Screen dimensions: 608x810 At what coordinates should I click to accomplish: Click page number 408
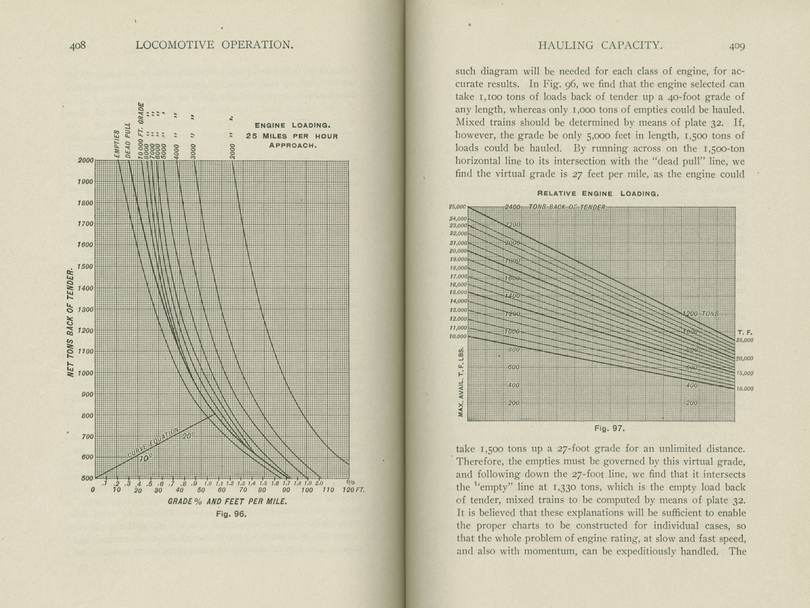(78, 45)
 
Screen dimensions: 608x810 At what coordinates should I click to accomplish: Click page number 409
(737, 46)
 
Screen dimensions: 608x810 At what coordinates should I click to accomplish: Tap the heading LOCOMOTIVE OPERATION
(215, 45)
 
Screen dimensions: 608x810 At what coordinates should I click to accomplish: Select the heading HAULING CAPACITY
(600, 45)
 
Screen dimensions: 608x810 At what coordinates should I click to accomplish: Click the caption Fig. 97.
(610, 428)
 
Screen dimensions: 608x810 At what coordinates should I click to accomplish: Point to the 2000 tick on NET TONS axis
(86, 160)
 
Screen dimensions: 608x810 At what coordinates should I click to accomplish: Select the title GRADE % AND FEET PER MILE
(227, 502)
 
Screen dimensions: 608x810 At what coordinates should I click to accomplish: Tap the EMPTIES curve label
(117, 144)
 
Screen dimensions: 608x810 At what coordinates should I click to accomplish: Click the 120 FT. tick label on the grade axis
(353, 490)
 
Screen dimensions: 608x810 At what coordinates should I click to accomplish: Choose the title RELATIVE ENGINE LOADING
(597, 194)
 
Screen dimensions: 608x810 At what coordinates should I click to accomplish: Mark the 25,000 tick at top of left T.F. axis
(457, 207)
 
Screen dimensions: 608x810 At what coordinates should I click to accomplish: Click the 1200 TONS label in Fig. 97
(701, 314)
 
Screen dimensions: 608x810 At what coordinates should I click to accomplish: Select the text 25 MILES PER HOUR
(292, 136)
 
